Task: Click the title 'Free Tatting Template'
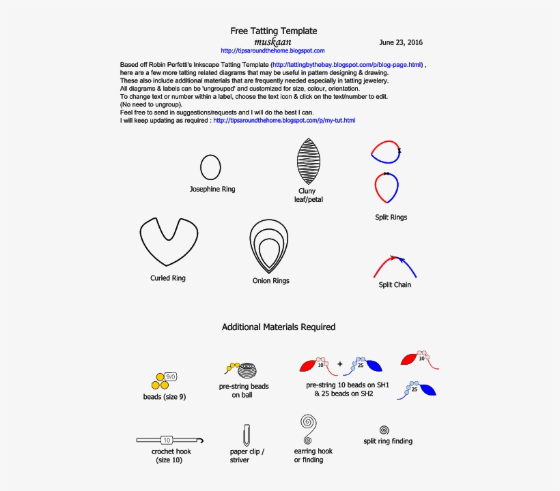273,31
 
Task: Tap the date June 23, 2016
401,42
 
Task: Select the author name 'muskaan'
272,42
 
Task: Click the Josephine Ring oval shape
210,166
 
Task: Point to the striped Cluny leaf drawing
308,161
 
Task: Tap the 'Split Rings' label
391,218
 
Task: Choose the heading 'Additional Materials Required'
279,327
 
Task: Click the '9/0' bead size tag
171,376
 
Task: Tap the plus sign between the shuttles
339,364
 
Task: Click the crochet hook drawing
167,440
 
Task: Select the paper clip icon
246,434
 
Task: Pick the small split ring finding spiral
384,430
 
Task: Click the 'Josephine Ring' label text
212,189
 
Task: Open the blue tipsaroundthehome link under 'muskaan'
272,50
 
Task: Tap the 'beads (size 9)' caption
165,397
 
